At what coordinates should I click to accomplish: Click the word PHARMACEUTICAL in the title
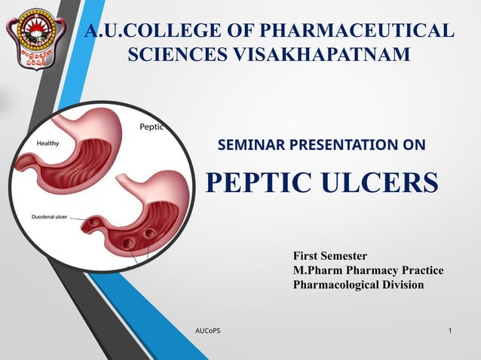click(x=356, y=31)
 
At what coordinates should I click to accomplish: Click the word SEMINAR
click(x=249, y=145)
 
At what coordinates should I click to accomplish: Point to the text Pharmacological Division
click(x=358, y=285)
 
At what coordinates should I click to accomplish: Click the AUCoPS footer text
click(x=207, y=331)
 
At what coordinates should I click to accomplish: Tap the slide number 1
click(x=450, y=331)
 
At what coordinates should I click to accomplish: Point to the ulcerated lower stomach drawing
click(x=151, y=215)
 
